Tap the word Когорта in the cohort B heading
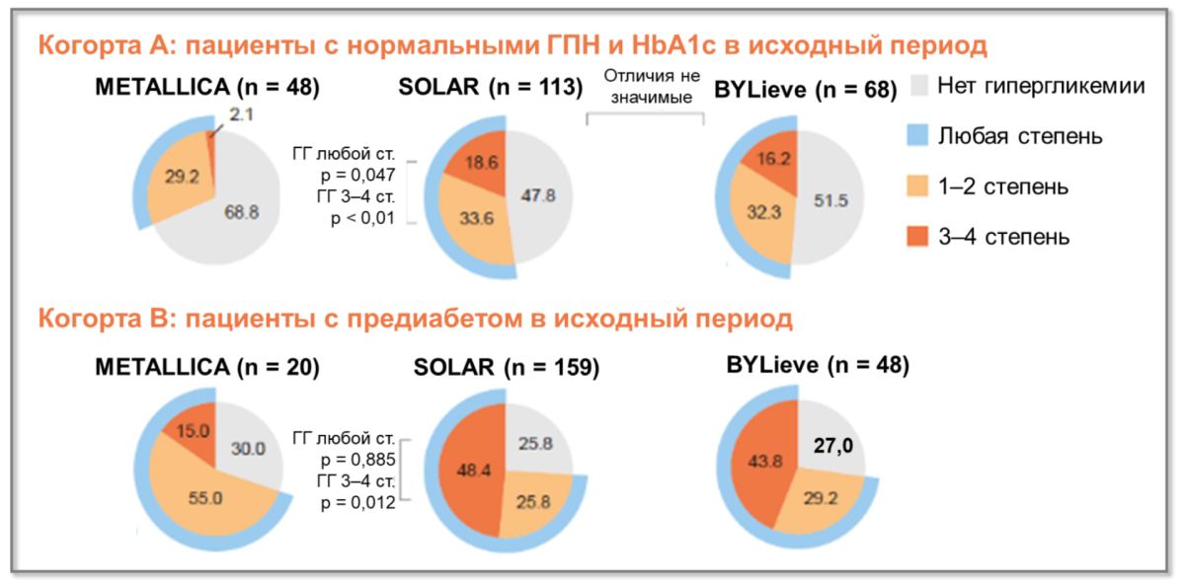coord(84,321)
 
